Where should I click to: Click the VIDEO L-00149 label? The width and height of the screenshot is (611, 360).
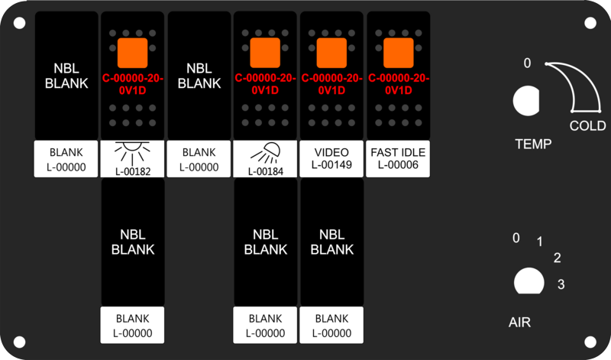[x=331, y=158]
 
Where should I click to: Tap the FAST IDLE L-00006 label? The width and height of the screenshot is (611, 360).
[x=398, y=158]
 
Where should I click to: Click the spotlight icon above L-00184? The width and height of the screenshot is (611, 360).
[x=265, y=153]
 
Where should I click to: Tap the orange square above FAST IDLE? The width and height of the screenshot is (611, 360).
[x=398, y=53]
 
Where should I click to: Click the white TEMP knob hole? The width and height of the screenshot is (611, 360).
[x=526, y=101]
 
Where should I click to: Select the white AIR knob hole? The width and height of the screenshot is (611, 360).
[x=529, y=281]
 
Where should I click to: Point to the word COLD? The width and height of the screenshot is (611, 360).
[x=587, y=125]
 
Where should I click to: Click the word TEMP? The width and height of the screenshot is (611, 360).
[x=533, y=144]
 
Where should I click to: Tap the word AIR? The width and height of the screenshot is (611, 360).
[x=519, y=323]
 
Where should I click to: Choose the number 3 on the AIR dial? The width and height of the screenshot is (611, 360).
[x=561, y=284]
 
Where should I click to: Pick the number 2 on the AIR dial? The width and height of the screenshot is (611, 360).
[x=558, y=258]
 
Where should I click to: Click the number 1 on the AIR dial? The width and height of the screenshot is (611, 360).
[x=540, y=242]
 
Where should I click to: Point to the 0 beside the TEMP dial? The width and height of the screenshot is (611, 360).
[x=527, y=63]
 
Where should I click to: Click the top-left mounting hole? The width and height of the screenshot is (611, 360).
[x=20, y=23]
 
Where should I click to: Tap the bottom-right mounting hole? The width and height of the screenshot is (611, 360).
[x=590, y=342]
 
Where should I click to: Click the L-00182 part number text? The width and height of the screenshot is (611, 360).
[x=132, y=171]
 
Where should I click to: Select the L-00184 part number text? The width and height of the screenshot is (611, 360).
[x=265, y=171]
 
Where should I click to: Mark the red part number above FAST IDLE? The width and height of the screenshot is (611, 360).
[x=398, y=84]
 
